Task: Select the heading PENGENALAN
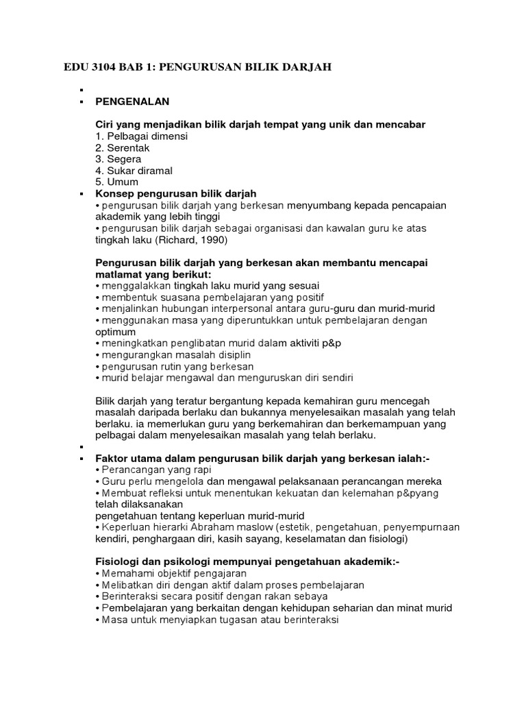132,101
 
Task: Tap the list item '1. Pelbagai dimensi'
141,136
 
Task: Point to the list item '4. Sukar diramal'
134,171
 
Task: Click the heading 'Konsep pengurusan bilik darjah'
176,194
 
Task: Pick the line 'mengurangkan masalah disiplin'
177,354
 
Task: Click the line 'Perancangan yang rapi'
157,470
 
